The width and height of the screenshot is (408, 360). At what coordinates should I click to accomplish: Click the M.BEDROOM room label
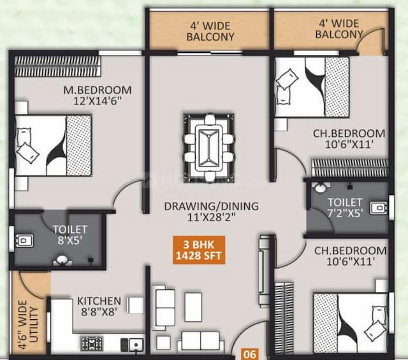(97, 95)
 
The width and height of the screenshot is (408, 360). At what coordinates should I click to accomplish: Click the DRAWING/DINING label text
(210, 212)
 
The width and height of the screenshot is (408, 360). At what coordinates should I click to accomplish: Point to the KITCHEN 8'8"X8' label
(99, 306)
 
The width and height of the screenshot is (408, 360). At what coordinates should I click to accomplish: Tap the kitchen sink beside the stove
(135, 344)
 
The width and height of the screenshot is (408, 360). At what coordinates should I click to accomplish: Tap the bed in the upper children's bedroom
(312, 87)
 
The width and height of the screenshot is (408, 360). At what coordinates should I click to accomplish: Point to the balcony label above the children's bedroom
(339, 29)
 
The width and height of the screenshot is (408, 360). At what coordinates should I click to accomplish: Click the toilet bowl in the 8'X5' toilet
(24, 240)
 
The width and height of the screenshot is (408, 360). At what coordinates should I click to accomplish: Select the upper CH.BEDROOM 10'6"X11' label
(349, 138)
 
